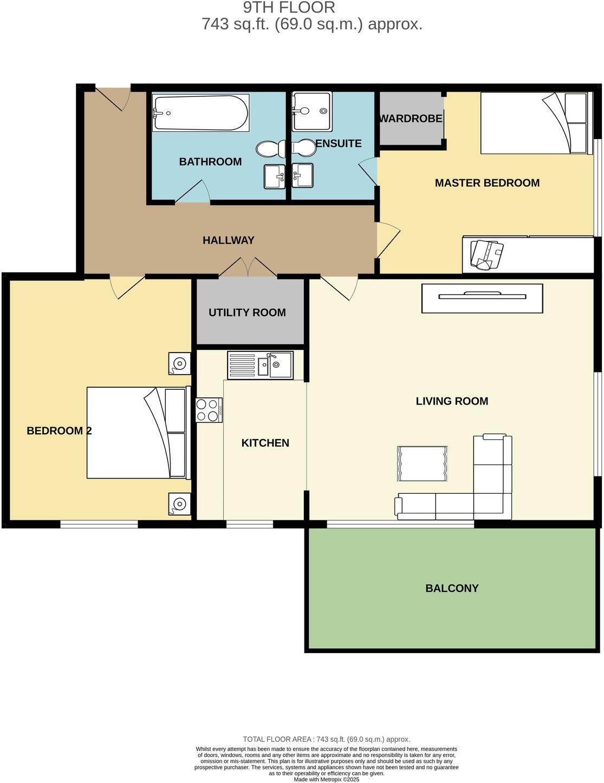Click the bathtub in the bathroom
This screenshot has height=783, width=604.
coord(200,113)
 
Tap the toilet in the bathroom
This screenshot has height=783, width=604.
coord(271,148)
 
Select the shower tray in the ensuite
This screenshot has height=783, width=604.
coord(312,111)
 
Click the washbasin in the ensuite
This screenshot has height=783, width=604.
coord(302,175)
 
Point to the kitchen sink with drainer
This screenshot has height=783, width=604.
coord(260,365)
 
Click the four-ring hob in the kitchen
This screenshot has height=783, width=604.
coord(209,410)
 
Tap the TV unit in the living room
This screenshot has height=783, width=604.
coord(482,298)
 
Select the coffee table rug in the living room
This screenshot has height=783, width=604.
coord(423,463)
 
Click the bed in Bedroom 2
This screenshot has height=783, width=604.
coord(138,432)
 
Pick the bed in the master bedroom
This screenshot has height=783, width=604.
coord(534,123)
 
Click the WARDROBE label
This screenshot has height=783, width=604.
coord(411,119)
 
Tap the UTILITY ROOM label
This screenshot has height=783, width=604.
coord(247,312)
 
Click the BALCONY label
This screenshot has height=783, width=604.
coord(452,588)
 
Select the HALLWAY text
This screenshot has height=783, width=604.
coord(228,240)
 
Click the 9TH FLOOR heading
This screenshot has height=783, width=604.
coord(289,8)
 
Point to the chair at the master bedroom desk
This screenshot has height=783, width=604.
coord(486,254)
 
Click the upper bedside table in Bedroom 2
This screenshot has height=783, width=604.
coord(179,363)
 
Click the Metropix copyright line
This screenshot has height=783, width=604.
coord(326,779)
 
